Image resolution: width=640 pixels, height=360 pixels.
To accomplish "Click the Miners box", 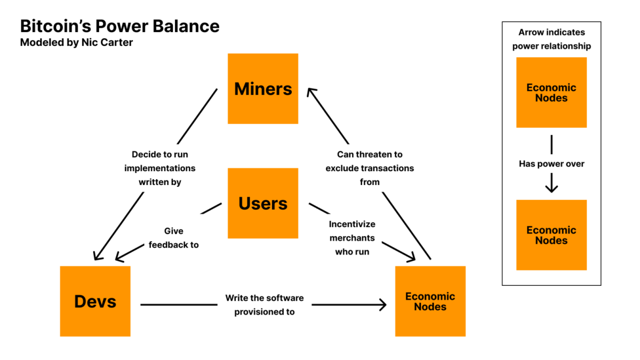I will pyautogui.click(x=263, y=89).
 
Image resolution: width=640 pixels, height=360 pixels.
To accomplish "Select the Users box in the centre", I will pyautogui.click(x=263, y=203).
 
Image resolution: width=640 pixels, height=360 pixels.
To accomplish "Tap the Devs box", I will pyautogui.click(x=95, y=301).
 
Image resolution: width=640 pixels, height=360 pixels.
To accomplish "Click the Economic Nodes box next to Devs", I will pyautogui.click(x=430, y=301).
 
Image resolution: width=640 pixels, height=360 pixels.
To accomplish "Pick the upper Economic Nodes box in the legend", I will pyautogui.click(x=551, y=93).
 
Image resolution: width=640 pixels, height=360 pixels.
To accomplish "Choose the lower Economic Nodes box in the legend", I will pyautogui.click(x=551, y=235).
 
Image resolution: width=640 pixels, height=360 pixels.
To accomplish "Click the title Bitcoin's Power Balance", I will pyautogui.click(x=119, y=26).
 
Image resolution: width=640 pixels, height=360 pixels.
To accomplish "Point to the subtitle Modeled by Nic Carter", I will pyautogui.click(x=76, y=43).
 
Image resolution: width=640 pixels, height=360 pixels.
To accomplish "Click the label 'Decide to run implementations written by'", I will pyautogui.click(x=160, y=168).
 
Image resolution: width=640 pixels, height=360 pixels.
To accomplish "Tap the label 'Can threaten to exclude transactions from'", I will pyautogui.click(x=370, y=168).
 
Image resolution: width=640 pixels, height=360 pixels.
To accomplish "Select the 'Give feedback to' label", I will pyautogui.click(x=174, y=238).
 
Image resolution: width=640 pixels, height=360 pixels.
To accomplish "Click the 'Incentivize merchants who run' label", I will pyautogui.click(x=352, y=238).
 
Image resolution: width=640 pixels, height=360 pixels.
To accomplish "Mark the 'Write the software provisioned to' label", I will pyautogui.click(x=264, y=305).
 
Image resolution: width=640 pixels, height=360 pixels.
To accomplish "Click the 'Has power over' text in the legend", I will pyautogui.click(x=551, y=164).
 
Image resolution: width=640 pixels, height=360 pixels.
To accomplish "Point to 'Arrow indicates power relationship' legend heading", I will pyautogui.click(x=551, y=39).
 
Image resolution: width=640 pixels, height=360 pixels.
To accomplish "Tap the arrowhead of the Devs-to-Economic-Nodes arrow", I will pyautogui.click(x=382, y=305).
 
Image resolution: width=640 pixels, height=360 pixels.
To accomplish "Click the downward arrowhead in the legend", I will pyautogui.click(x=551, y=188).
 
